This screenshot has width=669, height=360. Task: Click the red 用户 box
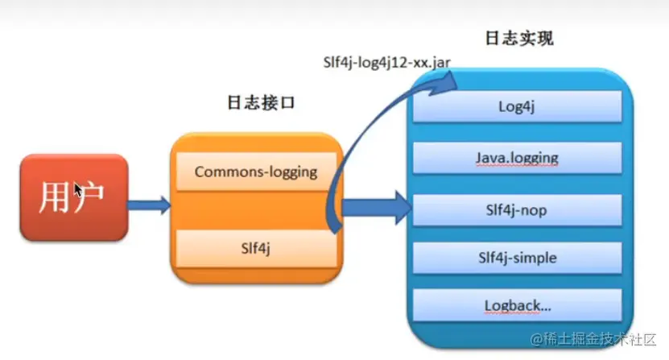tap(73, 198)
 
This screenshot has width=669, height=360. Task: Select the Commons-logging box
tap(255, 172)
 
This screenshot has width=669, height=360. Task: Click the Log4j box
tap(517, 106)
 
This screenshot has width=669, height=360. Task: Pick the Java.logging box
tap(517, 158)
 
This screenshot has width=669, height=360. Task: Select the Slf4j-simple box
tap(517, 259)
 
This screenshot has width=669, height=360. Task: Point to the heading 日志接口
tap(254, 103)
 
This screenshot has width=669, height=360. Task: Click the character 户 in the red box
tap(92, 198)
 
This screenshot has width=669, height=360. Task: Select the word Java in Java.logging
tap(493, 158)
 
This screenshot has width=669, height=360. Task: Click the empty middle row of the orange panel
tap(255, 210)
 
